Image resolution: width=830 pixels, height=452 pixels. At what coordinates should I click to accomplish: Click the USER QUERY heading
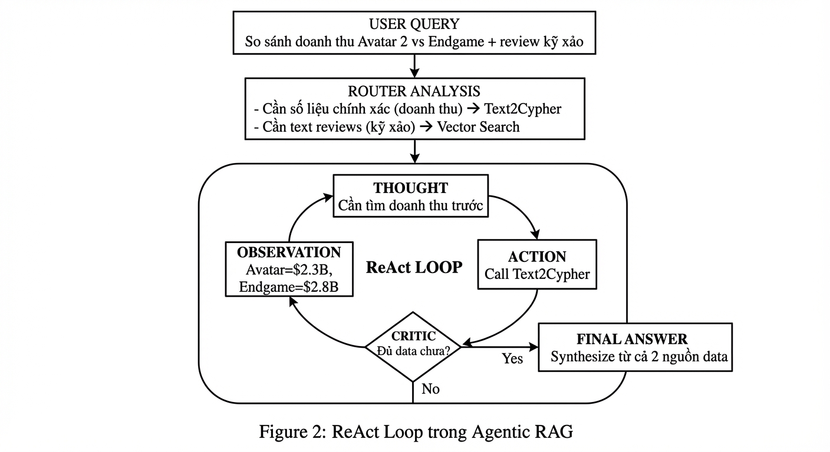[x=414, y=25]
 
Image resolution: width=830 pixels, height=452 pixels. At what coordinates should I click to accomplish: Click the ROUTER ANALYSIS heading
[x=414, y=91]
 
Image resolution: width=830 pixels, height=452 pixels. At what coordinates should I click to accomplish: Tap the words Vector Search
[x=478, y=127]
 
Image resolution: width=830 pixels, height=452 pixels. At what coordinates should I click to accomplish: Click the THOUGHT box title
[x=410, y=188]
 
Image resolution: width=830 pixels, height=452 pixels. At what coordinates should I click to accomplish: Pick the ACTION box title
[x=536, y=257]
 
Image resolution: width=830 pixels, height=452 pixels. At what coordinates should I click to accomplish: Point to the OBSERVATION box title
[x=289, y=252]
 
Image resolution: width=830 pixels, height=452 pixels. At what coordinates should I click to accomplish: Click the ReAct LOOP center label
[x=414, y=267]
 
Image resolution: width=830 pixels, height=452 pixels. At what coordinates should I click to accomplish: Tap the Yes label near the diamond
[x=512, y=358]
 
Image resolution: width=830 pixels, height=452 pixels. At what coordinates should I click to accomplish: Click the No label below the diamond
[x=430, y=389]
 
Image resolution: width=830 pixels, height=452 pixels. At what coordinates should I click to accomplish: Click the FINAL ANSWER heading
[x=631, y=339]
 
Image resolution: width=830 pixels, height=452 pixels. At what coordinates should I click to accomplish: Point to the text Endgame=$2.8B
[x=289, y=287]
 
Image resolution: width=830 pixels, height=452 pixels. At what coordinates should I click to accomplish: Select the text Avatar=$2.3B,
[x=289, y=270]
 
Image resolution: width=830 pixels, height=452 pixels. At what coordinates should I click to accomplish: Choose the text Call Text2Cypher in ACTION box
[x=536, y=274]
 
